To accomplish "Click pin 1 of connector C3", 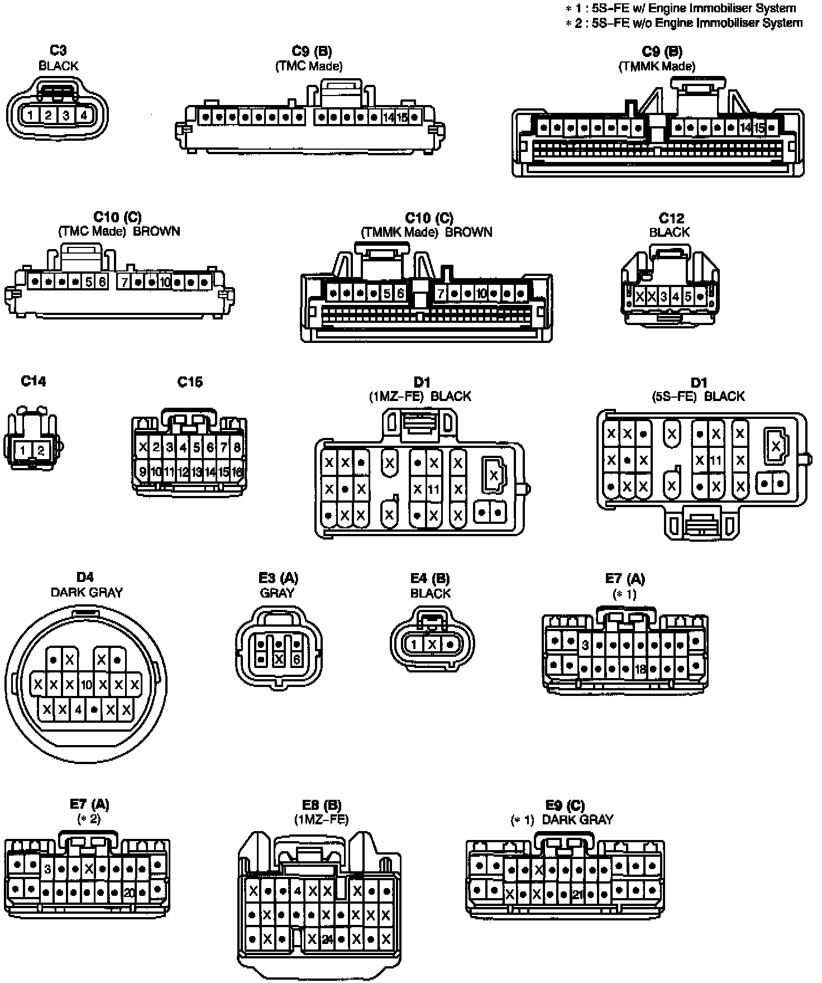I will tap(31, 116).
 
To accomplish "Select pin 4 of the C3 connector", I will tap(83, 116).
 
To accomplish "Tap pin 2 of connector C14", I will tap(41, 450).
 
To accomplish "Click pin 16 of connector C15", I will tap(237, 472).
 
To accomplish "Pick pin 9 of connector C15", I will tap(143, 472).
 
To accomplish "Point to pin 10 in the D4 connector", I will tap(86, 684).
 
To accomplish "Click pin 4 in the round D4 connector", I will tap(79, 710).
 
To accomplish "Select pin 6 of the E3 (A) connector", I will tap(297, 660).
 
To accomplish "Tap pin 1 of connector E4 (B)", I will tap(414, 645).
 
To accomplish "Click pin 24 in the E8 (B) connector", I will tap(327, 939).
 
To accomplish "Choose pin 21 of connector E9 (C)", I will tap(577, 895).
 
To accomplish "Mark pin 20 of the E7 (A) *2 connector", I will tap(129, 893).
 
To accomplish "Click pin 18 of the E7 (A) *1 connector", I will tap(640, 669).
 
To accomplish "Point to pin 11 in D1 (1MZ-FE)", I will tap(433, 489).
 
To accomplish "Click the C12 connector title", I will tap(671, 218).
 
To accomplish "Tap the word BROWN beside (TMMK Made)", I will tap(469, 232).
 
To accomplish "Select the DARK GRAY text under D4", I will tap(87, 592).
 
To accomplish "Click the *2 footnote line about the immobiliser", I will tap(685, 23).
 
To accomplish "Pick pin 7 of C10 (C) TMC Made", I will tap(125, 282).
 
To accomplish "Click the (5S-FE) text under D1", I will tap(674, 396).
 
